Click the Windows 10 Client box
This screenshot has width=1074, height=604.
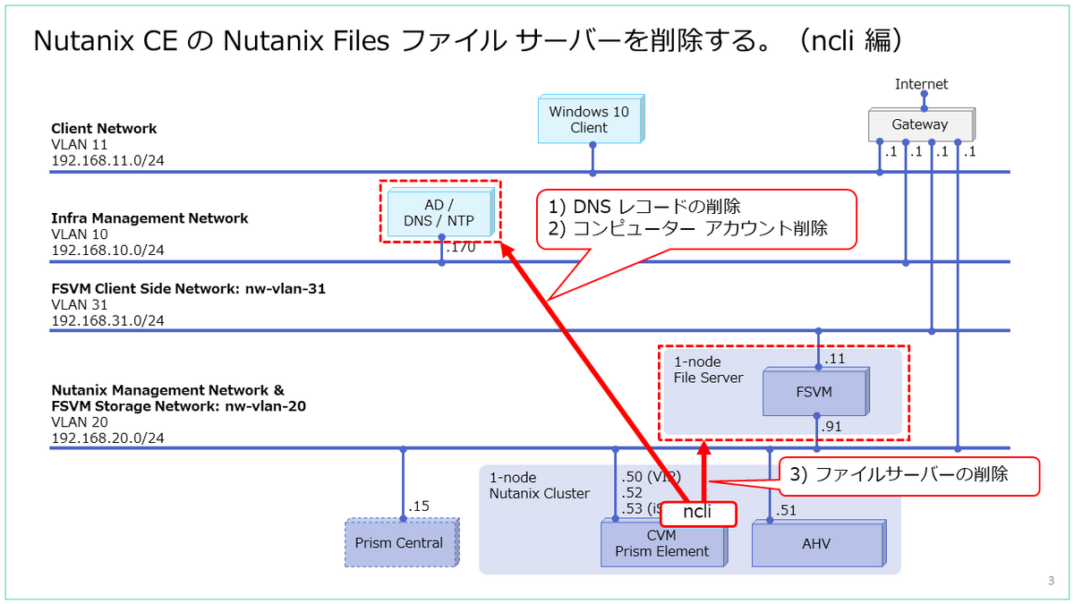click(589, 120)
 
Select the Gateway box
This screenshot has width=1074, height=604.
click(919, 124)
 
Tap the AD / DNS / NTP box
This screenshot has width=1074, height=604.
click(438, 213)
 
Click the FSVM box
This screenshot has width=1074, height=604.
click(814, 393)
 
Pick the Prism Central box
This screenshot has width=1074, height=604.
click(399, 542)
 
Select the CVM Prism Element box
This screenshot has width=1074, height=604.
click(661, 543)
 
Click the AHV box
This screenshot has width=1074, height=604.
click(814, 543)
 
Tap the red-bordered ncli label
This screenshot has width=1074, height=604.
click(697, 513)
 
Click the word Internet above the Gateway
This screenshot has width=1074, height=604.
click(921, 84)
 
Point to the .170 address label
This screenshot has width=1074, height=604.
click(460, 248)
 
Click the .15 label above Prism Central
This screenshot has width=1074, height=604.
click(418, 506)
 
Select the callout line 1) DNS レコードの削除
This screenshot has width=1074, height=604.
click(644, 206)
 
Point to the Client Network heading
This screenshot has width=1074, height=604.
click(104, 129)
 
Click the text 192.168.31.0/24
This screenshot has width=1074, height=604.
click(107, 320)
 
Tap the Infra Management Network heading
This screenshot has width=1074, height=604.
click(149, 218)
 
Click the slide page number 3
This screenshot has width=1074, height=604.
click(1050, 581)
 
